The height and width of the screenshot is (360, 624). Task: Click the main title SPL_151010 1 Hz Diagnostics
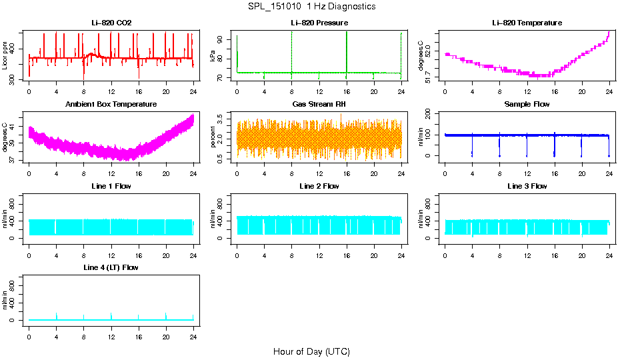[x=311, y=7]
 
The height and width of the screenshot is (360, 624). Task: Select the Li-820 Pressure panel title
[x=319, y=23]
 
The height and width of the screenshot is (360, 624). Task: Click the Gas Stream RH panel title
[x=319, y=105]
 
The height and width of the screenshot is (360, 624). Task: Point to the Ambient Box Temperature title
[x=111, y=105]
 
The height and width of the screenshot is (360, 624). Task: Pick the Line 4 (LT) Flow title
[x=111, y=267]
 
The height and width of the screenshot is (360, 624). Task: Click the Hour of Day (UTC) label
[x=311, y=351]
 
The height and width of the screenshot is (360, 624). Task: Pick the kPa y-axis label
[x=213, y=57]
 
